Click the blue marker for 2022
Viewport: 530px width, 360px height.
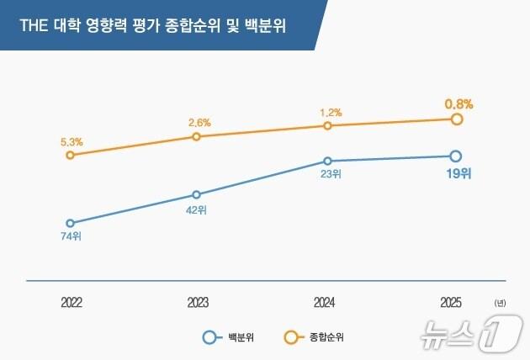point(70,224)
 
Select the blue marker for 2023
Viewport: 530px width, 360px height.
point(196,194)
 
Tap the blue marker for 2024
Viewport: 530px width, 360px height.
point(328,161)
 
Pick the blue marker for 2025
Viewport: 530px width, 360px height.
point(456,156)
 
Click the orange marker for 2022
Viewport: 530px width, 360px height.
point(70,155)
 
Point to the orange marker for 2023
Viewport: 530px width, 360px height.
point(196,136)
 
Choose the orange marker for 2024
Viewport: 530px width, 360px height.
point(328,125)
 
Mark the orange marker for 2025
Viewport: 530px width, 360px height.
point(457,119)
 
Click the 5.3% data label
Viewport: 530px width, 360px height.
point(71,141)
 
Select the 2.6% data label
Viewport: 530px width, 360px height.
point(199,123)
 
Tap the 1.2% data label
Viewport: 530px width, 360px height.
point(331,112)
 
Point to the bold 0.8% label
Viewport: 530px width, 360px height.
point(458,104)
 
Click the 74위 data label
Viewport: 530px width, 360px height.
point(70,236)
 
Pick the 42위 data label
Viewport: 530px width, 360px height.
point(196,209)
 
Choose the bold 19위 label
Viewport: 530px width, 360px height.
point(457,174)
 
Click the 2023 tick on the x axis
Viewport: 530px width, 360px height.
point(198,302)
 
